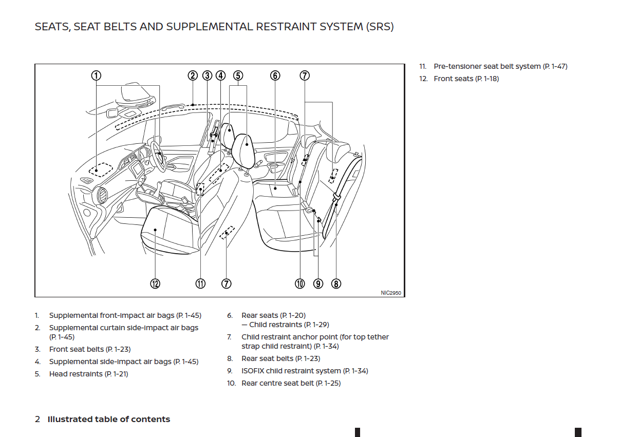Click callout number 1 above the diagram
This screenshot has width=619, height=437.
point(96,75)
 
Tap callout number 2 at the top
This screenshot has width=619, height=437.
point(193,75)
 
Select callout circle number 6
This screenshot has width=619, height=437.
point(275,75)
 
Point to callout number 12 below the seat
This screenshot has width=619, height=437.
point(155,283)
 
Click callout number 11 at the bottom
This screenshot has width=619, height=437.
point(200,283)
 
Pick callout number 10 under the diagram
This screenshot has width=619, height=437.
point(300,283)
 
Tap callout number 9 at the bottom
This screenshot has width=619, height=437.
point(318,283)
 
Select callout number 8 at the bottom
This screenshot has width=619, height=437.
point(336,283)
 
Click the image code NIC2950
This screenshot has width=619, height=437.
point(391,293)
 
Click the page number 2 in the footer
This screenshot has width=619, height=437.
point(37,419)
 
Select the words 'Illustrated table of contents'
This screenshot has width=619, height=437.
point(109,419)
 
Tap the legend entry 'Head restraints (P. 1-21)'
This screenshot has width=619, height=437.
point(88,374)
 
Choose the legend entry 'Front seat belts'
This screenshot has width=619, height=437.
point(89,349)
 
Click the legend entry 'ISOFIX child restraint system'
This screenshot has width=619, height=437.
point(305,371)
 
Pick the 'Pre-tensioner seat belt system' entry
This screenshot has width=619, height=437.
point(500,66)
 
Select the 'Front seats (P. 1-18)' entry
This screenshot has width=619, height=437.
point(466,79)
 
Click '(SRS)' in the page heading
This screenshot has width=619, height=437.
point(380,27)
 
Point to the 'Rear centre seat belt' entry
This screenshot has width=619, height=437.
point(291,383)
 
